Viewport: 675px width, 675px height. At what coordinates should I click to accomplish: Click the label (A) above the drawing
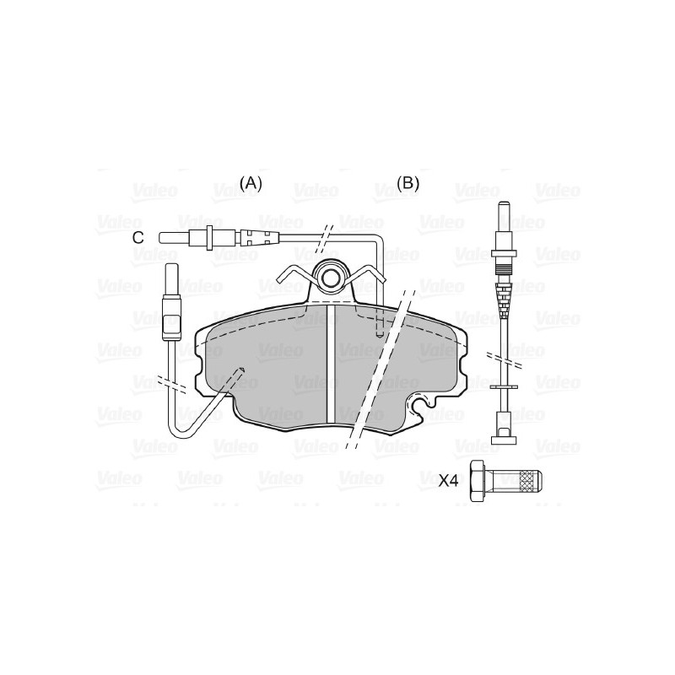pyautogui.click(x=251, y=184)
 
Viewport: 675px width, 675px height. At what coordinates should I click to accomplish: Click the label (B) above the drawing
pyautogui.click(x=408, y=184)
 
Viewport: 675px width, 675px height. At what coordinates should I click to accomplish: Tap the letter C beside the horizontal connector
pyautogui.click(x=138, y=237)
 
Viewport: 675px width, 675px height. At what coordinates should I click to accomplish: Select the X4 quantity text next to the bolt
pyautogui.click(x=448, y=480)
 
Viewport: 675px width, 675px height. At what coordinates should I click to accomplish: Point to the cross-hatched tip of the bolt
pyautogui.click(x=531, y=480)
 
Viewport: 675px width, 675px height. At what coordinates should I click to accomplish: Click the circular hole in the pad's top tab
pyautogui.click(x=331, y=278)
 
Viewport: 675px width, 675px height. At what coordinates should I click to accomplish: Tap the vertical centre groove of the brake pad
pyautogui.click(x=331, y=364)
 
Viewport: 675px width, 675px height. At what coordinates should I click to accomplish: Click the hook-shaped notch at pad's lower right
pyautogui.click(x=421, y=405)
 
